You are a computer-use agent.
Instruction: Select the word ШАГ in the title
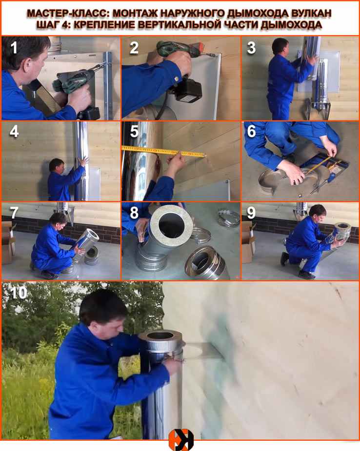pos(47,25)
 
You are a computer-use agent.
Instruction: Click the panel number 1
pos(14,48)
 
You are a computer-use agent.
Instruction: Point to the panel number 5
pos(134,131)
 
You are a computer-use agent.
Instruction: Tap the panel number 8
pos(134,213)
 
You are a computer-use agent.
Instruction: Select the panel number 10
pos(19,293)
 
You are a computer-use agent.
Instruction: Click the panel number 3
pos(251,48)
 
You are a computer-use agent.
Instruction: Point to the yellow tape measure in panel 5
pos(164,152)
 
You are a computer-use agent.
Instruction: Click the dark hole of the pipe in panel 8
pos(171,225)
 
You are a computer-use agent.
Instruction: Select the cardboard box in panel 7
pos(8,242)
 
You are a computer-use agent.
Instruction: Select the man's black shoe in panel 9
pos(284,258)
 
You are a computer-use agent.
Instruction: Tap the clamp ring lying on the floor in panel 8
pos(229,218)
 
